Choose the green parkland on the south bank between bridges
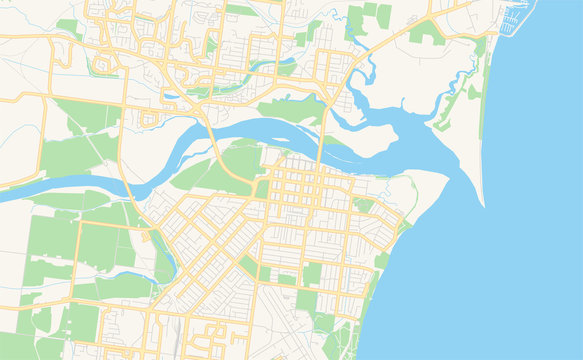(x=235, y=165)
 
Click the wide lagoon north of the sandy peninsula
(x=420, y=125)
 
